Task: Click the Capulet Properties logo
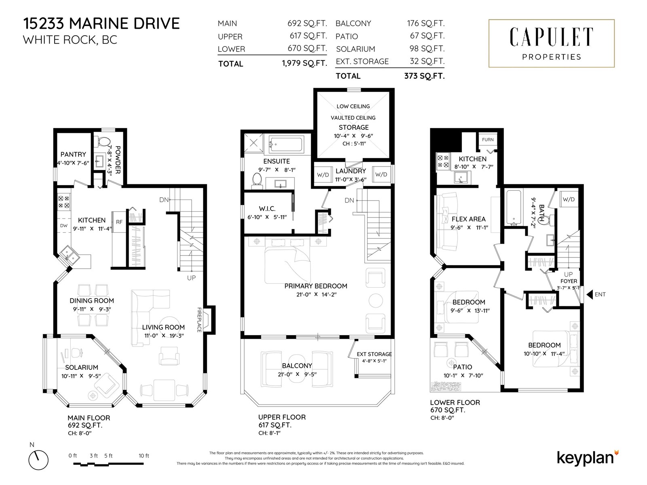(551, 43)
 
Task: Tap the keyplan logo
(587, 458)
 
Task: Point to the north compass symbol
(38, 460)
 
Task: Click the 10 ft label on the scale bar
(144, 455)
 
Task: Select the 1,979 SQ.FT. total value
(304, 63)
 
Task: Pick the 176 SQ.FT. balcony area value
(425, 23)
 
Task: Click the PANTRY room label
(73, 154)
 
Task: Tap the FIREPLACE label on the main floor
(199, 320)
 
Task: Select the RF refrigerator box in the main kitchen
(119, 222)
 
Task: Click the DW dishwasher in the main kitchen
(64, 226)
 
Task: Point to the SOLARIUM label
(82, 367)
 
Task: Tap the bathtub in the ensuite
(285, 145)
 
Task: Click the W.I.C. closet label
(267, 209)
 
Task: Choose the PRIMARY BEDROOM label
(315, 286)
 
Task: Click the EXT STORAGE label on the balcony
(374, 354)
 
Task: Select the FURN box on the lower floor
(488, 139)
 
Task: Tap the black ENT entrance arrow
(590, 294)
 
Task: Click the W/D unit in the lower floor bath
(568, 199)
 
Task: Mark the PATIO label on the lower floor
(462, 367)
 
